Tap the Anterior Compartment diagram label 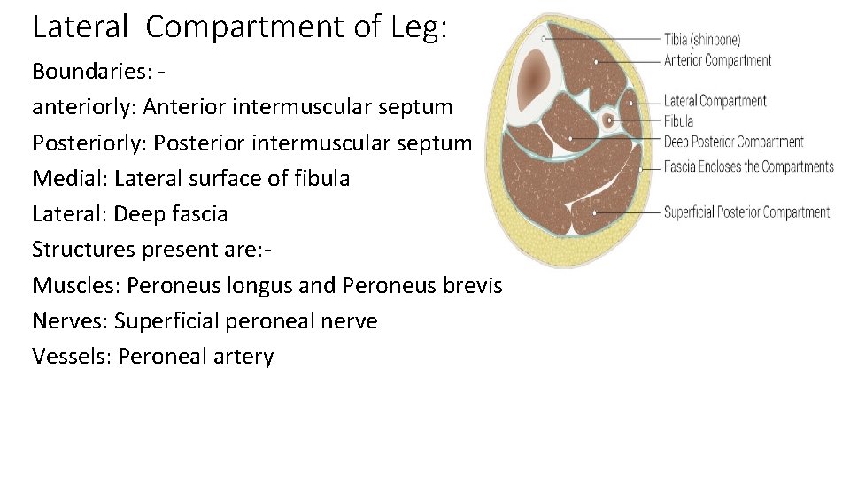[717, 61]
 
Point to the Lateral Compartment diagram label [715, 101]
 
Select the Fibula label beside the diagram [678, 121]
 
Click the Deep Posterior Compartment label [733, 142]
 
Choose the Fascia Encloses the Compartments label [748, 166]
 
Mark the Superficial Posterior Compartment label [746, 212]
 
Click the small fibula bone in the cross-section [608, 120]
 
